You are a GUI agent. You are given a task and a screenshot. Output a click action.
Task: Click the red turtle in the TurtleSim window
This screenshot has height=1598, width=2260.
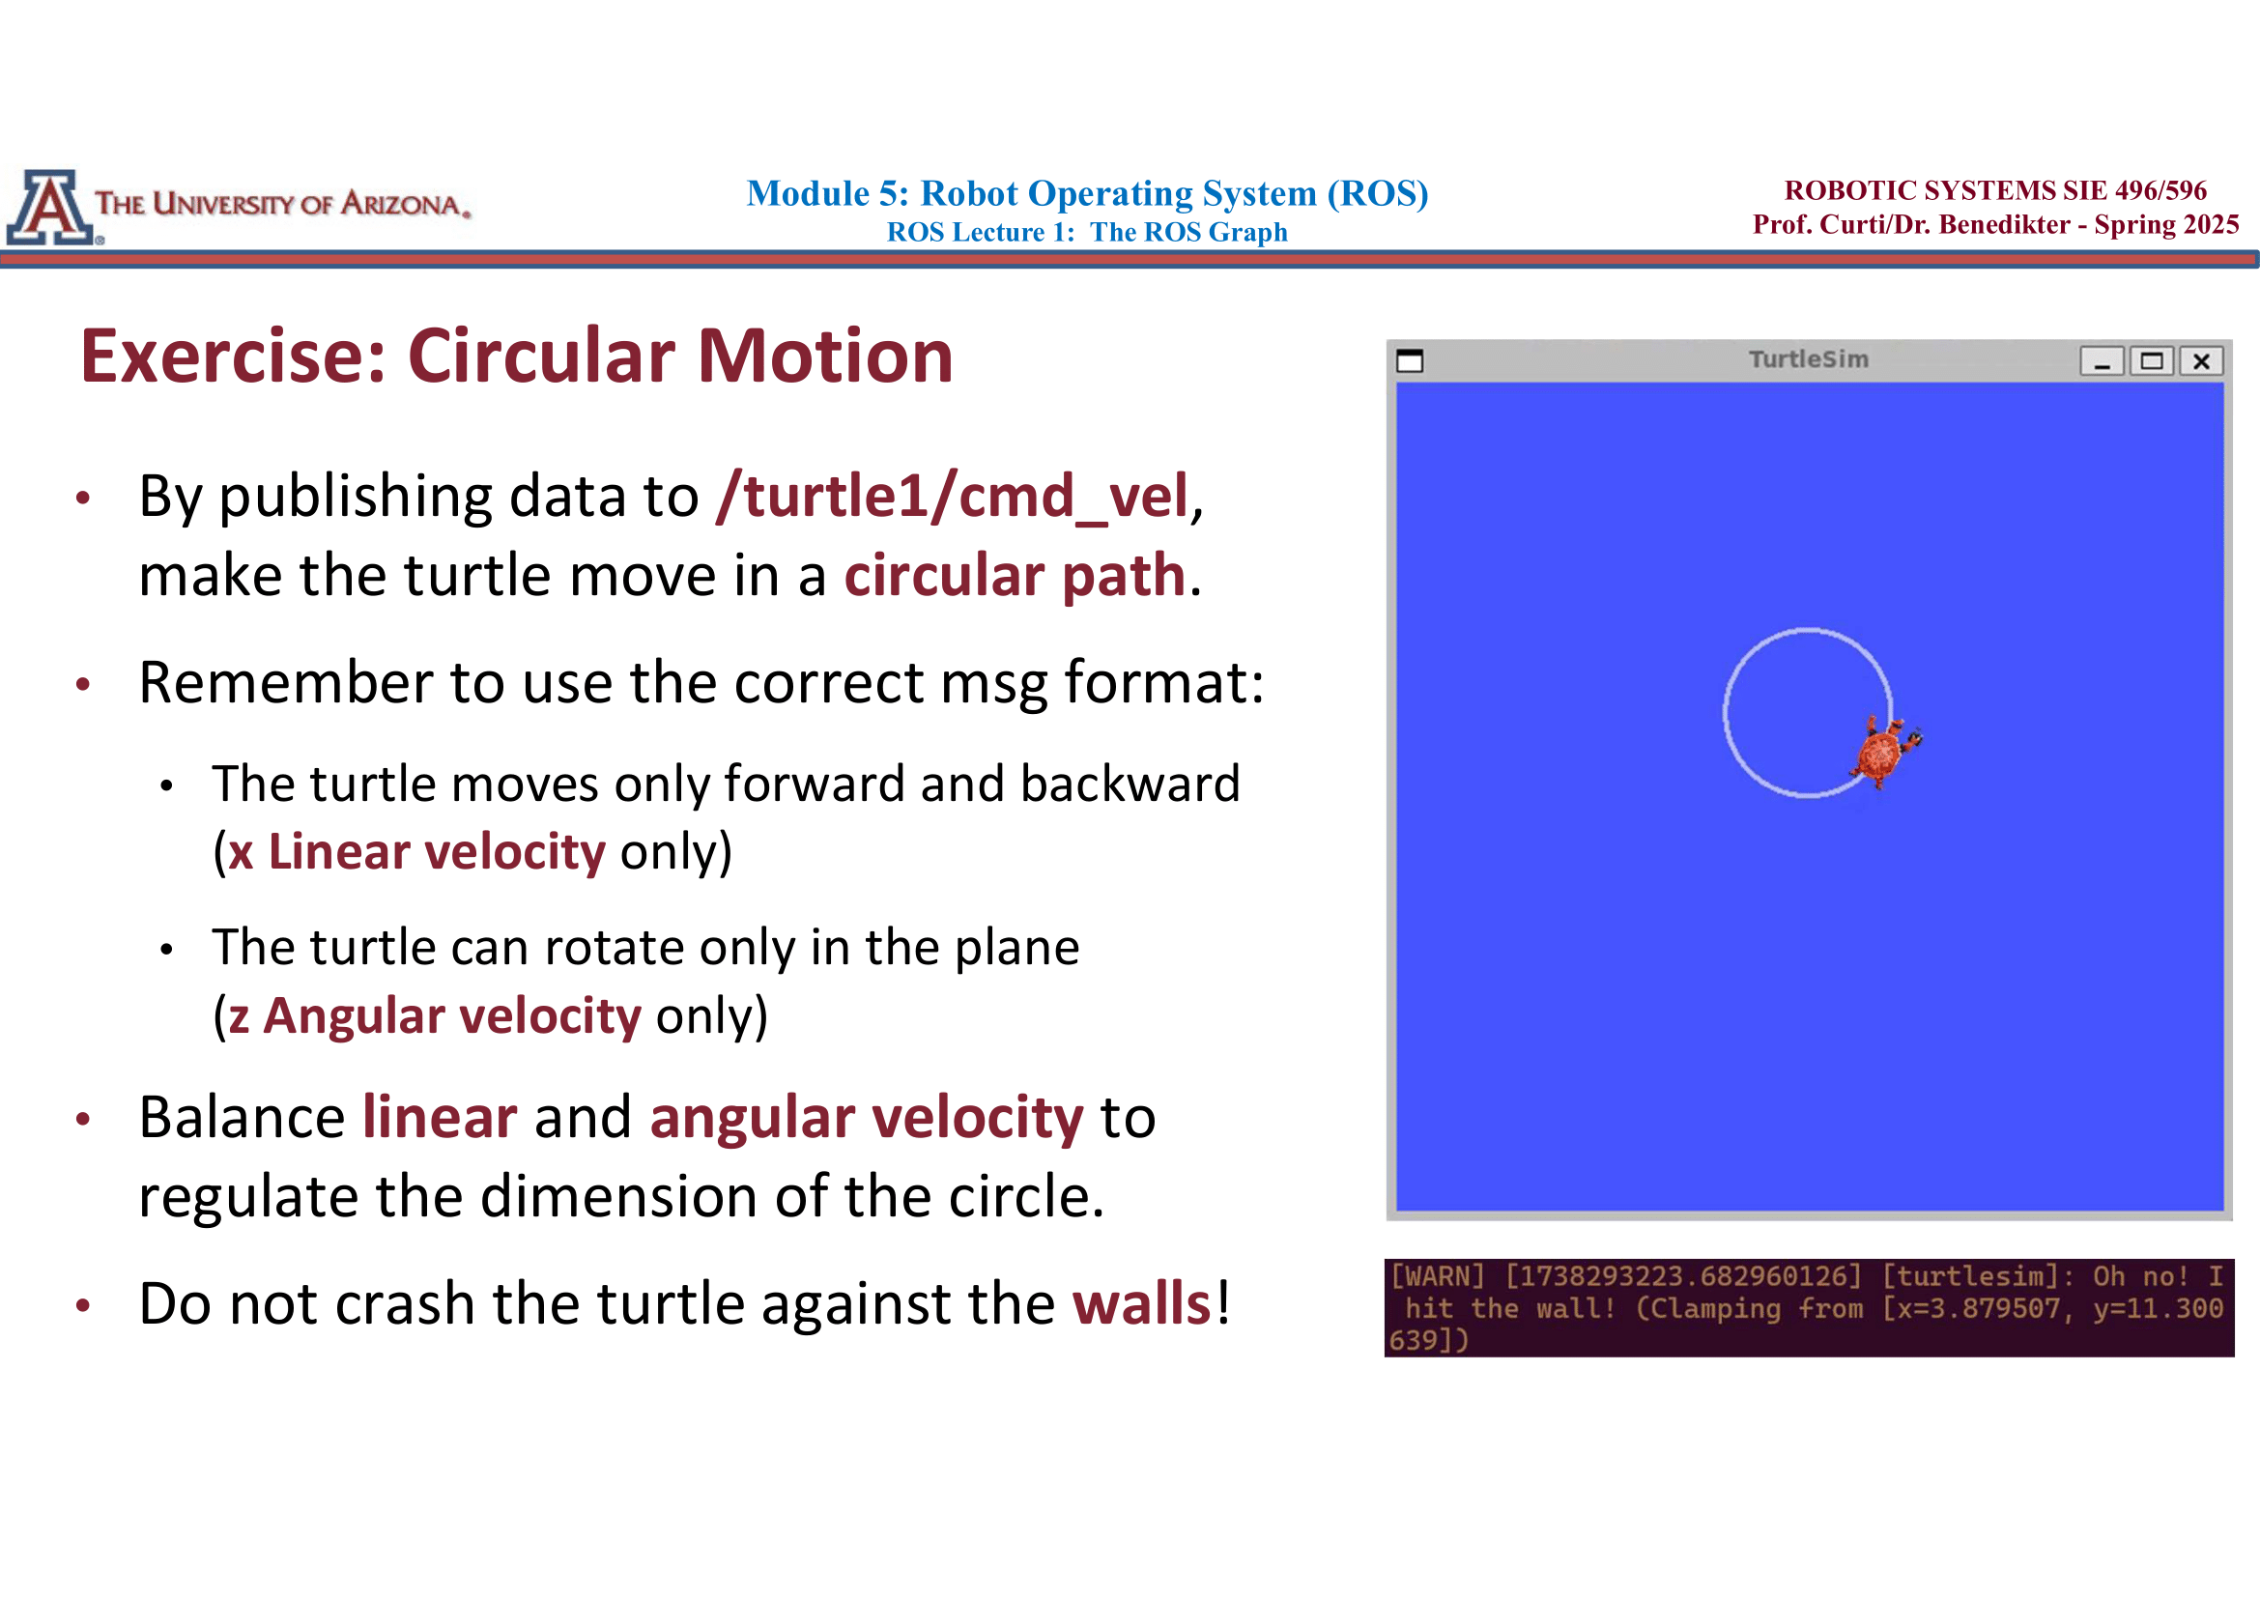point(1882,753)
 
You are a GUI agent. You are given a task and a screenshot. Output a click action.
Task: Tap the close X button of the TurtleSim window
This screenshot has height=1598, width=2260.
point(2201,361)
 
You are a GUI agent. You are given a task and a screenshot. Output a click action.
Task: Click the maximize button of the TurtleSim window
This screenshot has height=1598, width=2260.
point(2152,361)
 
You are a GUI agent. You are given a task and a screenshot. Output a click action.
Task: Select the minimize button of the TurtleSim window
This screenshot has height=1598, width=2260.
point(2102,361)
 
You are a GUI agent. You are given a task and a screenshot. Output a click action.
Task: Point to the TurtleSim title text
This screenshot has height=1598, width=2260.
point(1808,359)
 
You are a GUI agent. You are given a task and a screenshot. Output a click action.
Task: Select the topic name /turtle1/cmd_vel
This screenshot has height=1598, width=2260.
point(953,496)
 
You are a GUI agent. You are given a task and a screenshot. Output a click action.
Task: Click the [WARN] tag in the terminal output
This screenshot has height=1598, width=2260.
point(1436,1276)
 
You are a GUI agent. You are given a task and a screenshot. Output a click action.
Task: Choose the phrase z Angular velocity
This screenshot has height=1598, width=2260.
point(434,1015)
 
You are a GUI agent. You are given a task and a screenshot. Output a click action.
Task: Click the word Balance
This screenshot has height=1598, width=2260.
point(243,1118)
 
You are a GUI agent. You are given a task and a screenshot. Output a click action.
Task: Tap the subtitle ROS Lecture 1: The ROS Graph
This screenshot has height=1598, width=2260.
point(1087,232)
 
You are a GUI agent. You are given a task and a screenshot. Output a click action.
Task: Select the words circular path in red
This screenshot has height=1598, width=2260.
point(1014,576)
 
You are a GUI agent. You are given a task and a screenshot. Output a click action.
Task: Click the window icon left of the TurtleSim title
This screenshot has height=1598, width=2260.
point(1410,361)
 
